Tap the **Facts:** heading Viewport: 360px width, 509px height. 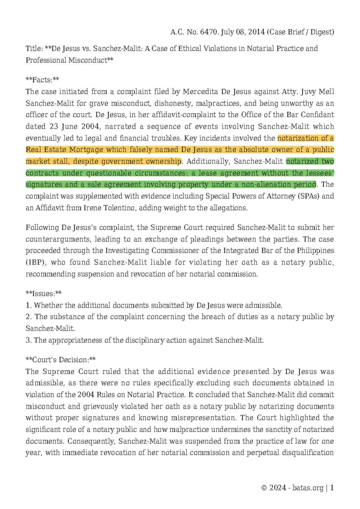(x=42, y=80)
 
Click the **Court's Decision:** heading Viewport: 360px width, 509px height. (x=61, y=360)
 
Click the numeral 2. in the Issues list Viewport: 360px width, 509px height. (x=29, y=317)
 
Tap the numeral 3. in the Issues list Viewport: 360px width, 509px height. (x=29, y=340)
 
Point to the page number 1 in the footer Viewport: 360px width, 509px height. (x=332, y=488)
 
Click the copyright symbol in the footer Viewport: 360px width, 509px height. (x=264, y=488)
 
